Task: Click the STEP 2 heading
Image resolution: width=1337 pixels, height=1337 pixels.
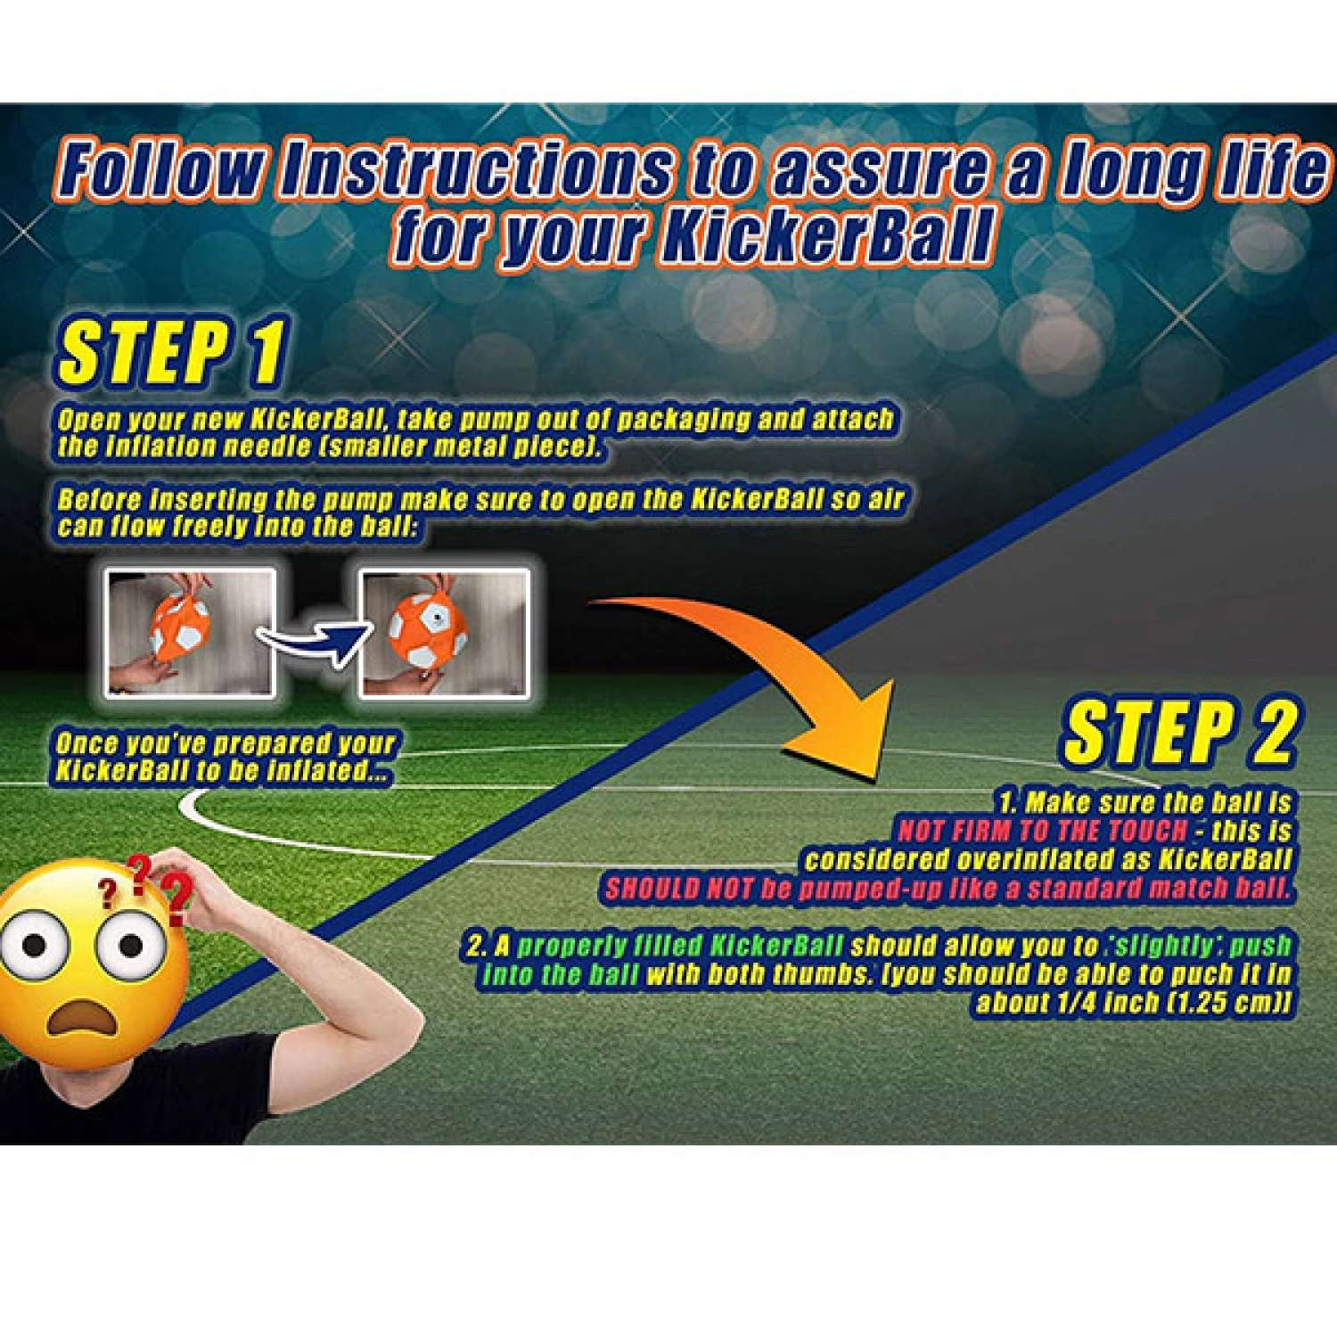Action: pos(1178,733)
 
